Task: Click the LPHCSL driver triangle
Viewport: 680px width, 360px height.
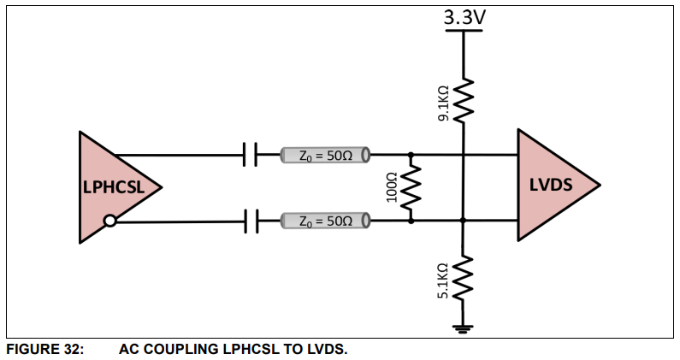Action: click(x=111, y=186)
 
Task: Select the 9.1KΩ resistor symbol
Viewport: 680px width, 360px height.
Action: click(x=463, y=100)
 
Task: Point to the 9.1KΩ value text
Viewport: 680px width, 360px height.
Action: click(x=443, y=100)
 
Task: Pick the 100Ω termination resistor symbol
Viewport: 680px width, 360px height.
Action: click(x=411, y=187)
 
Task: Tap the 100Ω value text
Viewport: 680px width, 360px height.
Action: click(x=393, y=187)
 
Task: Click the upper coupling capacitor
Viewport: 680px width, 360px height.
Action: click(x=251, y=155)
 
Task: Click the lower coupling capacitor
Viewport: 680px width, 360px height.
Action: click(x=251, y=221)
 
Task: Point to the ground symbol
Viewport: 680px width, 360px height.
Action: click(x=463, y=327)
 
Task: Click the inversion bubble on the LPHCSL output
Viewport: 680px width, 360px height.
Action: click(x=109, y=221)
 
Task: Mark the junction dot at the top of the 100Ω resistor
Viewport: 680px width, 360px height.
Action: click(x=411, y=155)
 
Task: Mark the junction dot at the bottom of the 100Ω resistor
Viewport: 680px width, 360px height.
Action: click(x=411, y=221)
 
